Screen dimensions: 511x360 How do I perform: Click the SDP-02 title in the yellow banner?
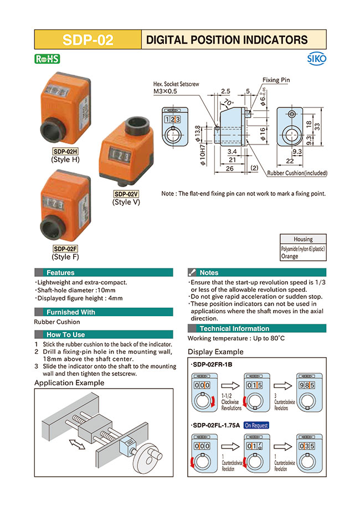point(88,40)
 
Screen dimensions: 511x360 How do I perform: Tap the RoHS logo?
point(47,59)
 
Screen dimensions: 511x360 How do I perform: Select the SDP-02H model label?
point(65,152)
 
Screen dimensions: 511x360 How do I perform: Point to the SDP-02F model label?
point(65,249)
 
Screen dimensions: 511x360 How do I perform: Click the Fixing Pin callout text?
point(276,80)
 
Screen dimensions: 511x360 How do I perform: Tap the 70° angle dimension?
point(228,103)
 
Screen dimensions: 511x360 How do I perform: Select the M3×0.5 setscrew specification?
point(165,91)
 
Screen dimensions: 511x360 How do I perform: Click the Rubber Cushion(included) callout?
point(297,173)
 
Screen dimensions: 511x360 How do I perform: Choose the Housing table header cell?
point(303,239)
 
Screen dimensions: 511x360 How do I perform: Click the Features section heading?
point(60,272)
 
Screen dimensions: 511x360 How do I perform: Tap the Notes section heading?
point(209,272)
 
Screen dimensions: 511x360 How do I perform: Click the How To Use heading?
point(65,334)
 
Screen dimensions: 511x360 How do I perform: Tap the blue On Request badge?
point(256,425)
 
